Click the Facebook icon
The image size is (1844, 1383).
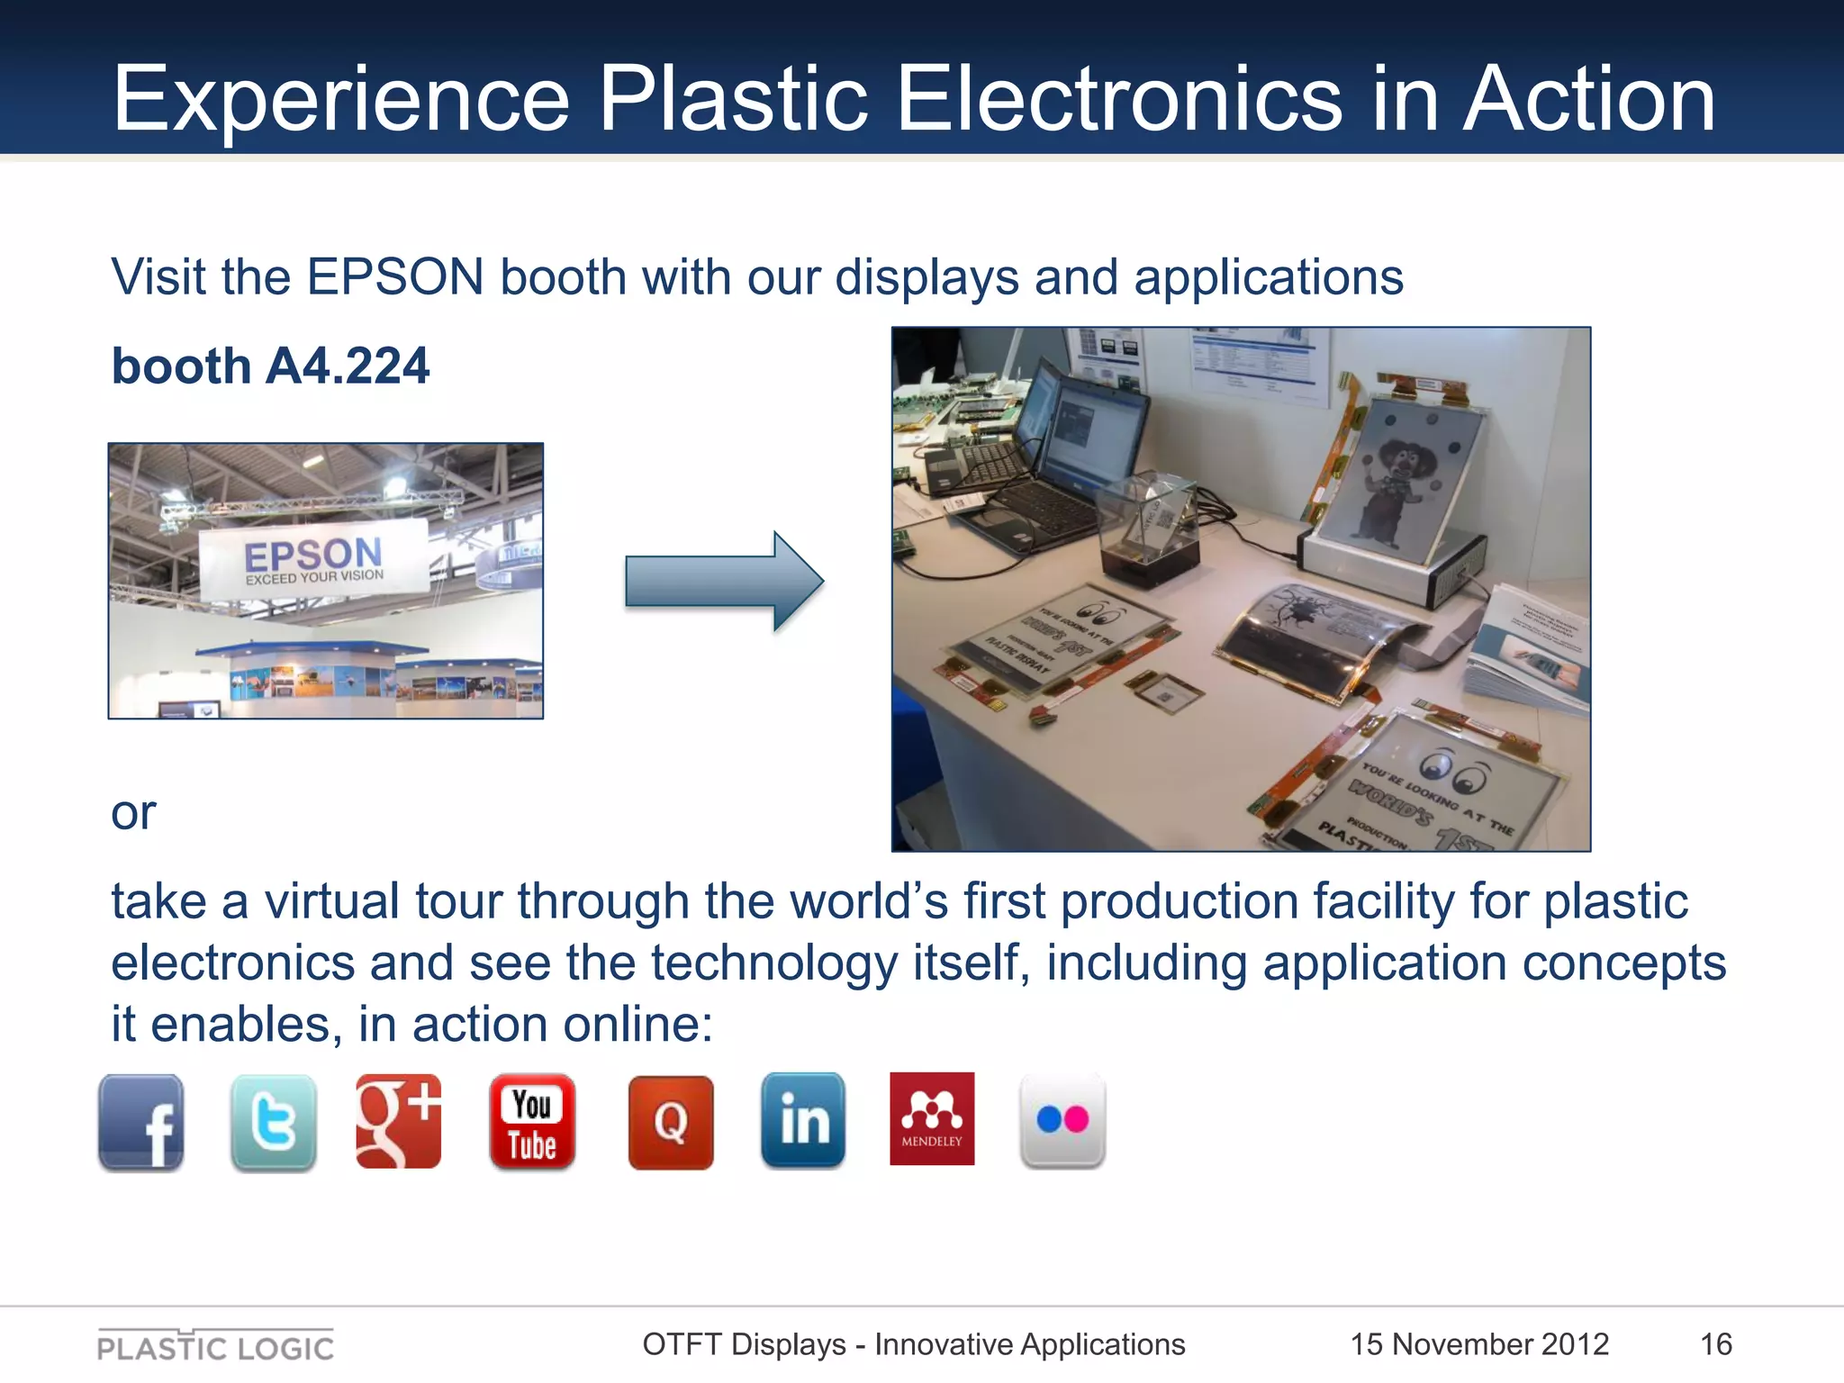(141, 1122)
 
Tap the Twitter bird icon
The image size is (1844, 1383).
(273, 1122)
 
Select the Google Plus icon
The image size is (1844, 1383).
(399, 1121)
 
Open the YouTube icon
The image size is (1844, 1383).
(532, 1122)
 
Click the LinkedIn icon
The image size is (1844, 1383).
(803, 1121)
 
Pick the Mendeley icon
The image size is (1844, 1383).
(932, 1118)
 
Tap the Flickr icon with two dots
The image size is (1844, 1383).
(1062, 1121)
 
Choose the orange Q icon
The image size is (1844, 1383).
(671, 1122)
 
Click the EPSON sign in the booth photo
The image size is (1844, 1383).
(313, 559)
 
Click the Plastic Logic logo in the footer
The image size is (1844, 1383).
(215, 1346)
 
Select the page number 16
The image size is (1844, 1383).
(1715, 1344)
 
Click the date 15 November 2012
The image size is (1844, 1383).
(1478, 1344)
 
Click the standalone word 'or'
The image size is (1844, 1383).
(133, 812)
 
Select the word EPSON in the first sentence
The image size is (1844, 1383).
(395, 276)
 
